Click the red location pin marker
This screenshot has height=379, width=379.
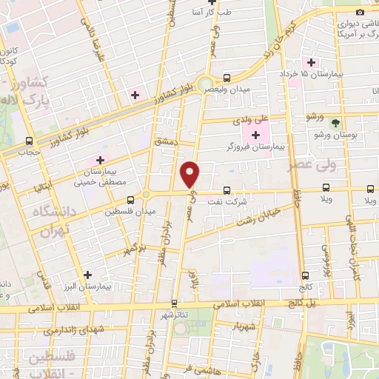coord(190,174)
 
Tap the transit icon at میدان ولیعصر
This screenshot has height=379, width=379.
coord(227,77)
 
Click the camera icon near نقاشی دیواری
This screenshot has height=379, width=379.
coord(360,11)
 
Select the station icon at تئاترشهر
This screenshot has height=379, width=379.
coord(174,303)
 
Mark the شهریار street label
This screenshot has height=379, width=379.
coord(243,326)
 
